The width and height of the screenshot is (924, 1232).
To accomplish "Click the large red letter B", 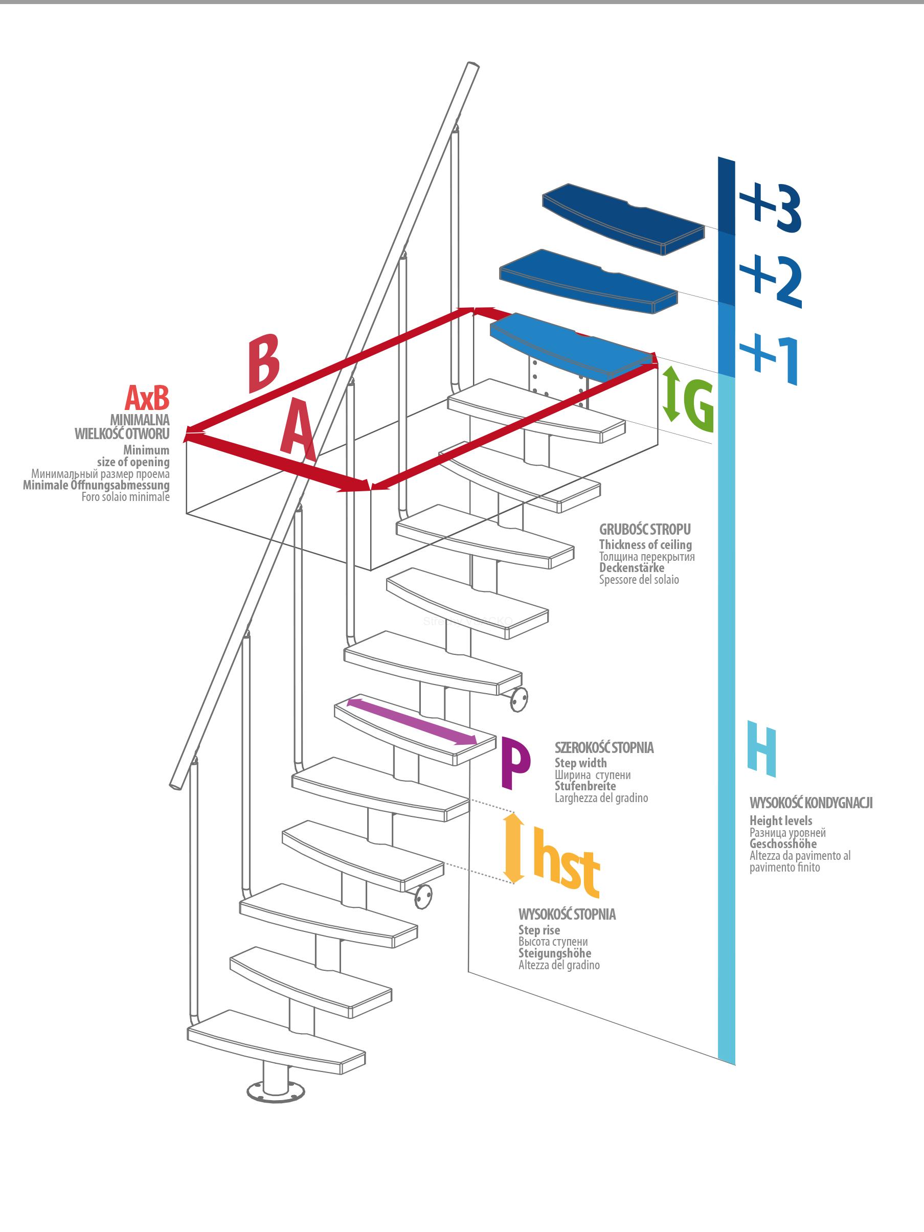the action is pyautogui.click(x=263, y=363).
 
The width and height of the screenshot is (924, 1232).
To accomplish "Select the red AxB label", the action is pyautogui.click(x=146, y=398).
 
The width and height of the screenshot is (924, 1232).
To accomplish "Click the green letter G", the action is pyautogui.click(x=698, y=406).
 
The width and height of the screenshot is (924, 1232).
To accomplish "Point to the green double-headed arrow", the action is pyautogui.click(x=670, y=393).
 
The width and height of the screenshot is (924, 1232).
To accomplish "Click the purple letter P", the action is pyautogui.click(x=516, y=763).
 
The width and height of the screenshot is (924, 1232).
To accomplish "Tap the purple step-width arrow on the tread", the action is pyautogui.click(x=412, y=721).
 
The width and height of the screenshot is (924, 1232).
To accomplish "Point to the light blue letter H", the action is pyautogui.click(x=762, y=748).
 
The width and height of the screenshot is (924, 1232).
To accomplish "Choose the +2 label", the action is pyautogui.click(x=771, y=280).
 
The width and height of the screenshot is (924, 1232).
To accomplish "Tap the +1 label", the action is pyautogui.click(x=769, y=359).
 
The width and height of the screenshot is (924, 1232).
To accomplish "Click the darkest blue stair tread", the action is pyautogui.click(x=623, y=219).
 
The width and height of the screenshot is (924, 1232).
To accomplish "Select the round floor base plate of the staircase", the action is pyautogui.click(x=276, y=1091).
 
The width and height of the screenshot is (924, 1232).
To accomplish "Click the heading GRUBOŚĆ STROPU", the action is pyautogui.click(x=645, y=530).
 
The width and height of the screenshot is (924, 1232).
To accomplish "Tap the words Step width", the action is pyautogui.click(x=580, y=763).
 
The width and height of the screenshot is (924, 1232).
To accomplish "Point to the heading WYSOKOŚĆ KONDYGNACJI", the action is pyautogui.click(x=811, y=803).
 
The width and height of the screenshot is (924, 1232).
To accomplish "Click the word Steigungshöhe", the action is pyautogui.click(x=555, y=953).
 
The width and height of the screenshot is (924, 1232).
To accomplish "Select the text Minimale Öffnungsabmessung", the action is pyautogui.click(x=96, y=485).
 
